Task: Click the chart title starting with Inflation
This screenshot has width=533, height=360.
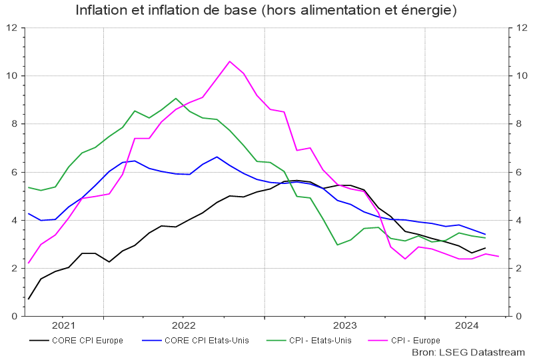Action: [266, 11]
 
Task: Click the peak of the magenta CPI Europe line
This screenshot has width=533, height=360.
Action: [230, 61]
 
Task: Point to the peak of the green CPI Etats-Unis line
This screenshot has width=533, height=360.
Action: [176, 99]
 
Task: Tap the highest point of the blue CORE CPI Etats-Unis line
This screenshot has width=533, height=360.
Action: [217, 157]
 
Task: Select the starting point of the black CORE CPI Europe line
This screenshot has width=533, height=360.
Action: [28, 299]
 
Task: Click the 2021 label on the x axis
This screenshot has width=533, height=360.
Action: [63, 325]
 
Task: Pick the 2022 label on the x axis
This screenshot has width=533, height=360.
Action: [183, 325]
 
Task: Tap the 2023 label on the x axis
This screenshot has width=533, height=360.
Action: [344, 325]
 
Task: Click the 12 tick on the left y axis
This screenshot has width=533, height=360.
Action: [11, 28]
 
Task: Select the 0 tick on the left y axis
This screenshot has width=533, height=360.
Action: [14, 316]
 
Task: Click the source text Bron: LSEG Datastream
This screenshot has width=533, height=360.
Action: [468, 352]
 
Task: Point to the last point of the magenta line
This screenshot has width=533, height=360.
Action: [498, 257]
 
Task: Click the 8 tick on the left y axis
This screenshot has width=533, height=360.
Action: [14, 124]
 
